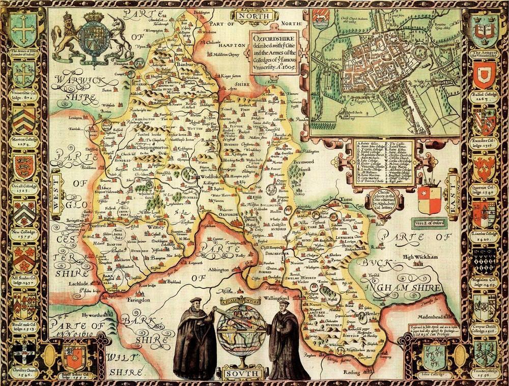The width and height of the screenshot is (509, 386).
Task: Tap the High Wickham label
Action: [421, 257]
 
